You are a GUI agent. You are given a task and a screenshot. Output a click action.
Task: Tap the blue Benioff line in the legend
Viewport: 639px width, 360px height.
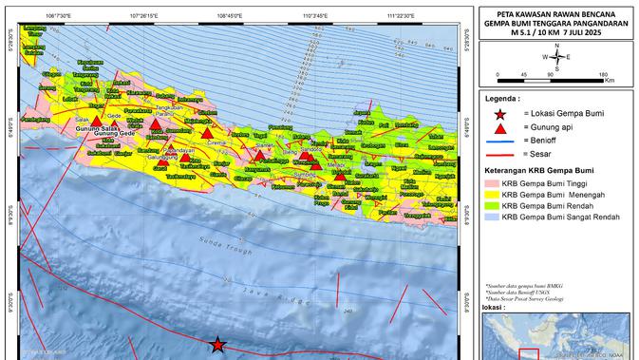(x=500, y=140)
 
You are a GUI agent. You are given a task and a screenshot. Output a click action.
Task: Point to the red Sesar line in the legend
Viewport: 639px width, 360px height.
(x=500, y=153)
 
